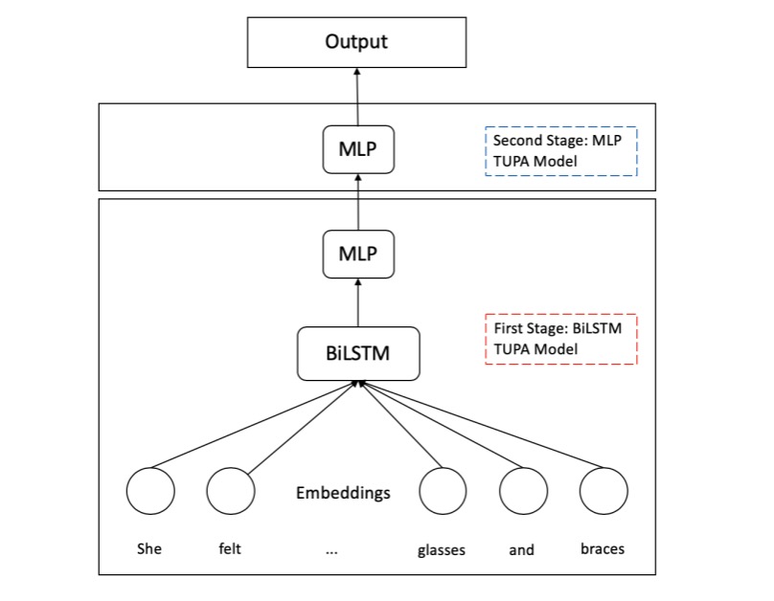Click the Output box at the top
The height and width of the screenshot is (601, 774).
(x=356, y=41)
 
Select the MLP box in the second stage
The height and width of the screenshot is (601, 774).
(x=357, y=151)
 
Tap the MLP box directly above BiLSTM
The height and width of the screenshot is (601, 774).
(x=357, y=254)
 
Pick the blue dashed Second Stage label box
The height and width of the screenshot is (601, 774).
(x=561, y=151)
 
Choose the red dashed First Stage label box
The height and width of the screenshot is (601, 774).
(x=561, y=339)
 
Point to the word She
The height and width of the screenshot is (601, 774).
(x=149, y=549)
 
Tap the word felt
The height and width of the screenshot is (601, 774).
(x=230, y=549)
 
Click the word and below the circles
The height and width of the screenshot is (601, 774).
(x=522, y=549)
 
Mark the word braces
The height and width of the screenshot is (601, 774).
(x=603, y=549)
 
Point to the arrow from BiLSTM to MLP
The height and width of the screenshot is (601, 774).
(x=357, y=303)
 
